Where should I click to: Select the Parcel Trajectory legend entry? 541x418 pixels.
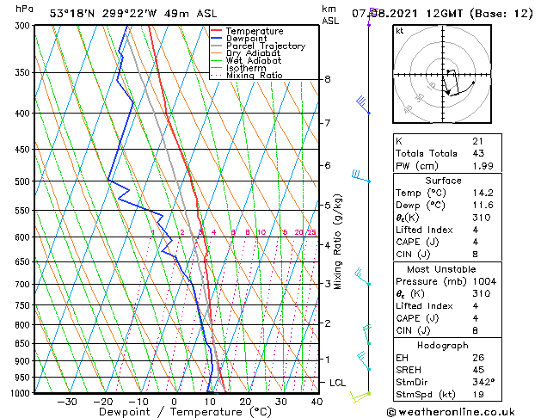265,46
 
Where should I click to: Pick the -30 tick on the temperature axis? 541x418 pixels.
66,401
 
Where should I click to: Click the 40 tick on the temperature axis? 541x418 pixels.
317,401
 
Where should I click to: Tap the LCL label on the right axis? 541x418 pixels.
339,382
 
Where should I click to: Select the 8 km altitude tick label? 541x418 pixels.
328,79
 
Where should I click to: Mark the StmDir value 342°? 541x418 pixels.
483,382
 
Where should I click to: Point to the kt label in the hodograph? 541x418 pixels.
400,30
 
